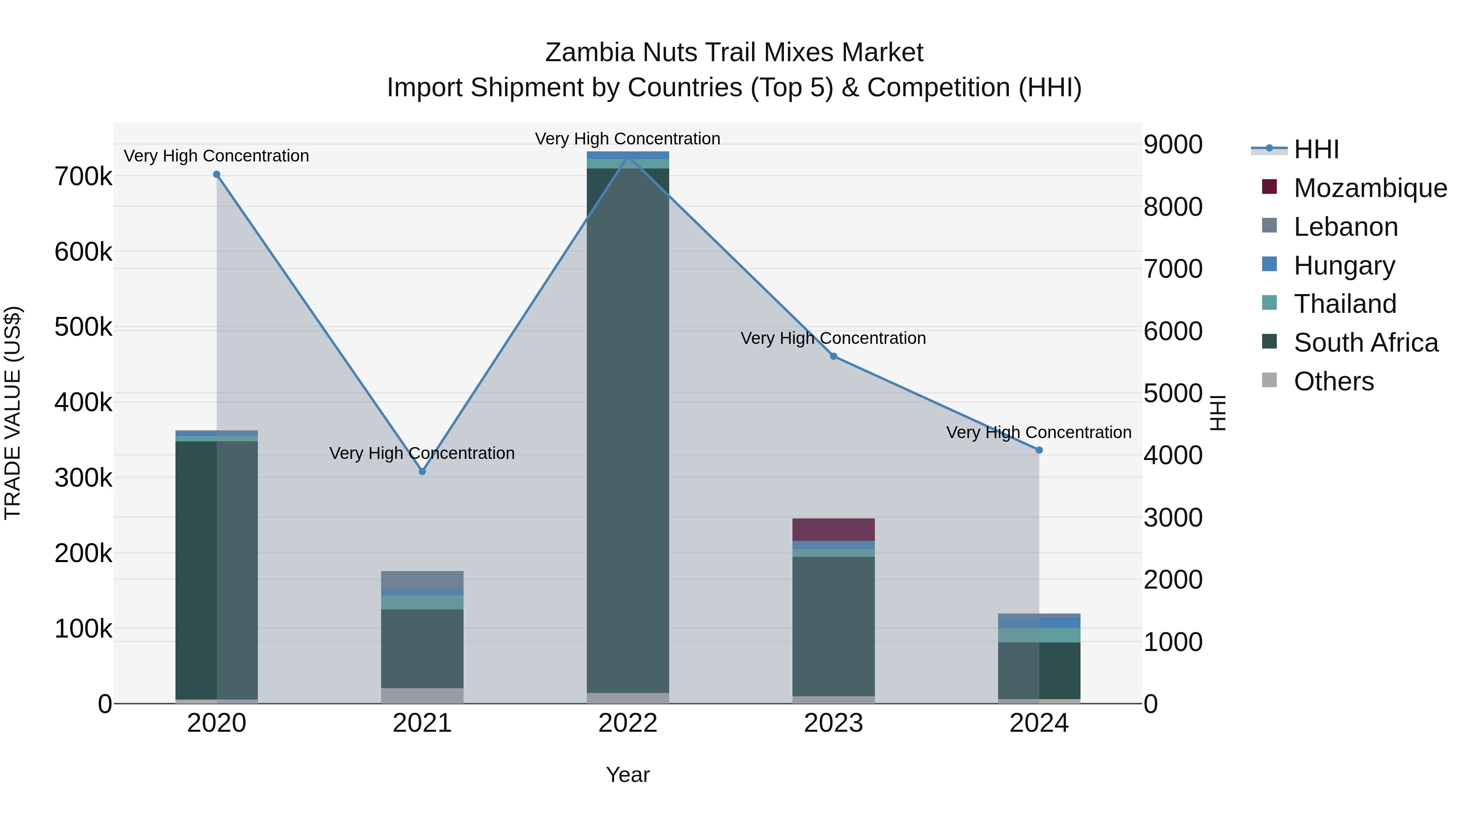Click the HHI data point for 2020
217,175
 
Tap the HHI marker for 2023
833,356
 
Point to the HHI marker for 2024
1039,450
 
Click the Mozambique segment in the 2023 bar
833,529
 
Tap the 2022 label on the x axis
628,723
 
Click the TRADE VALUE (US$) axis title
13,413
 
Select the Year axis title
628,775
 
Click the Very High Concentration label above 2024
1039,433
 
